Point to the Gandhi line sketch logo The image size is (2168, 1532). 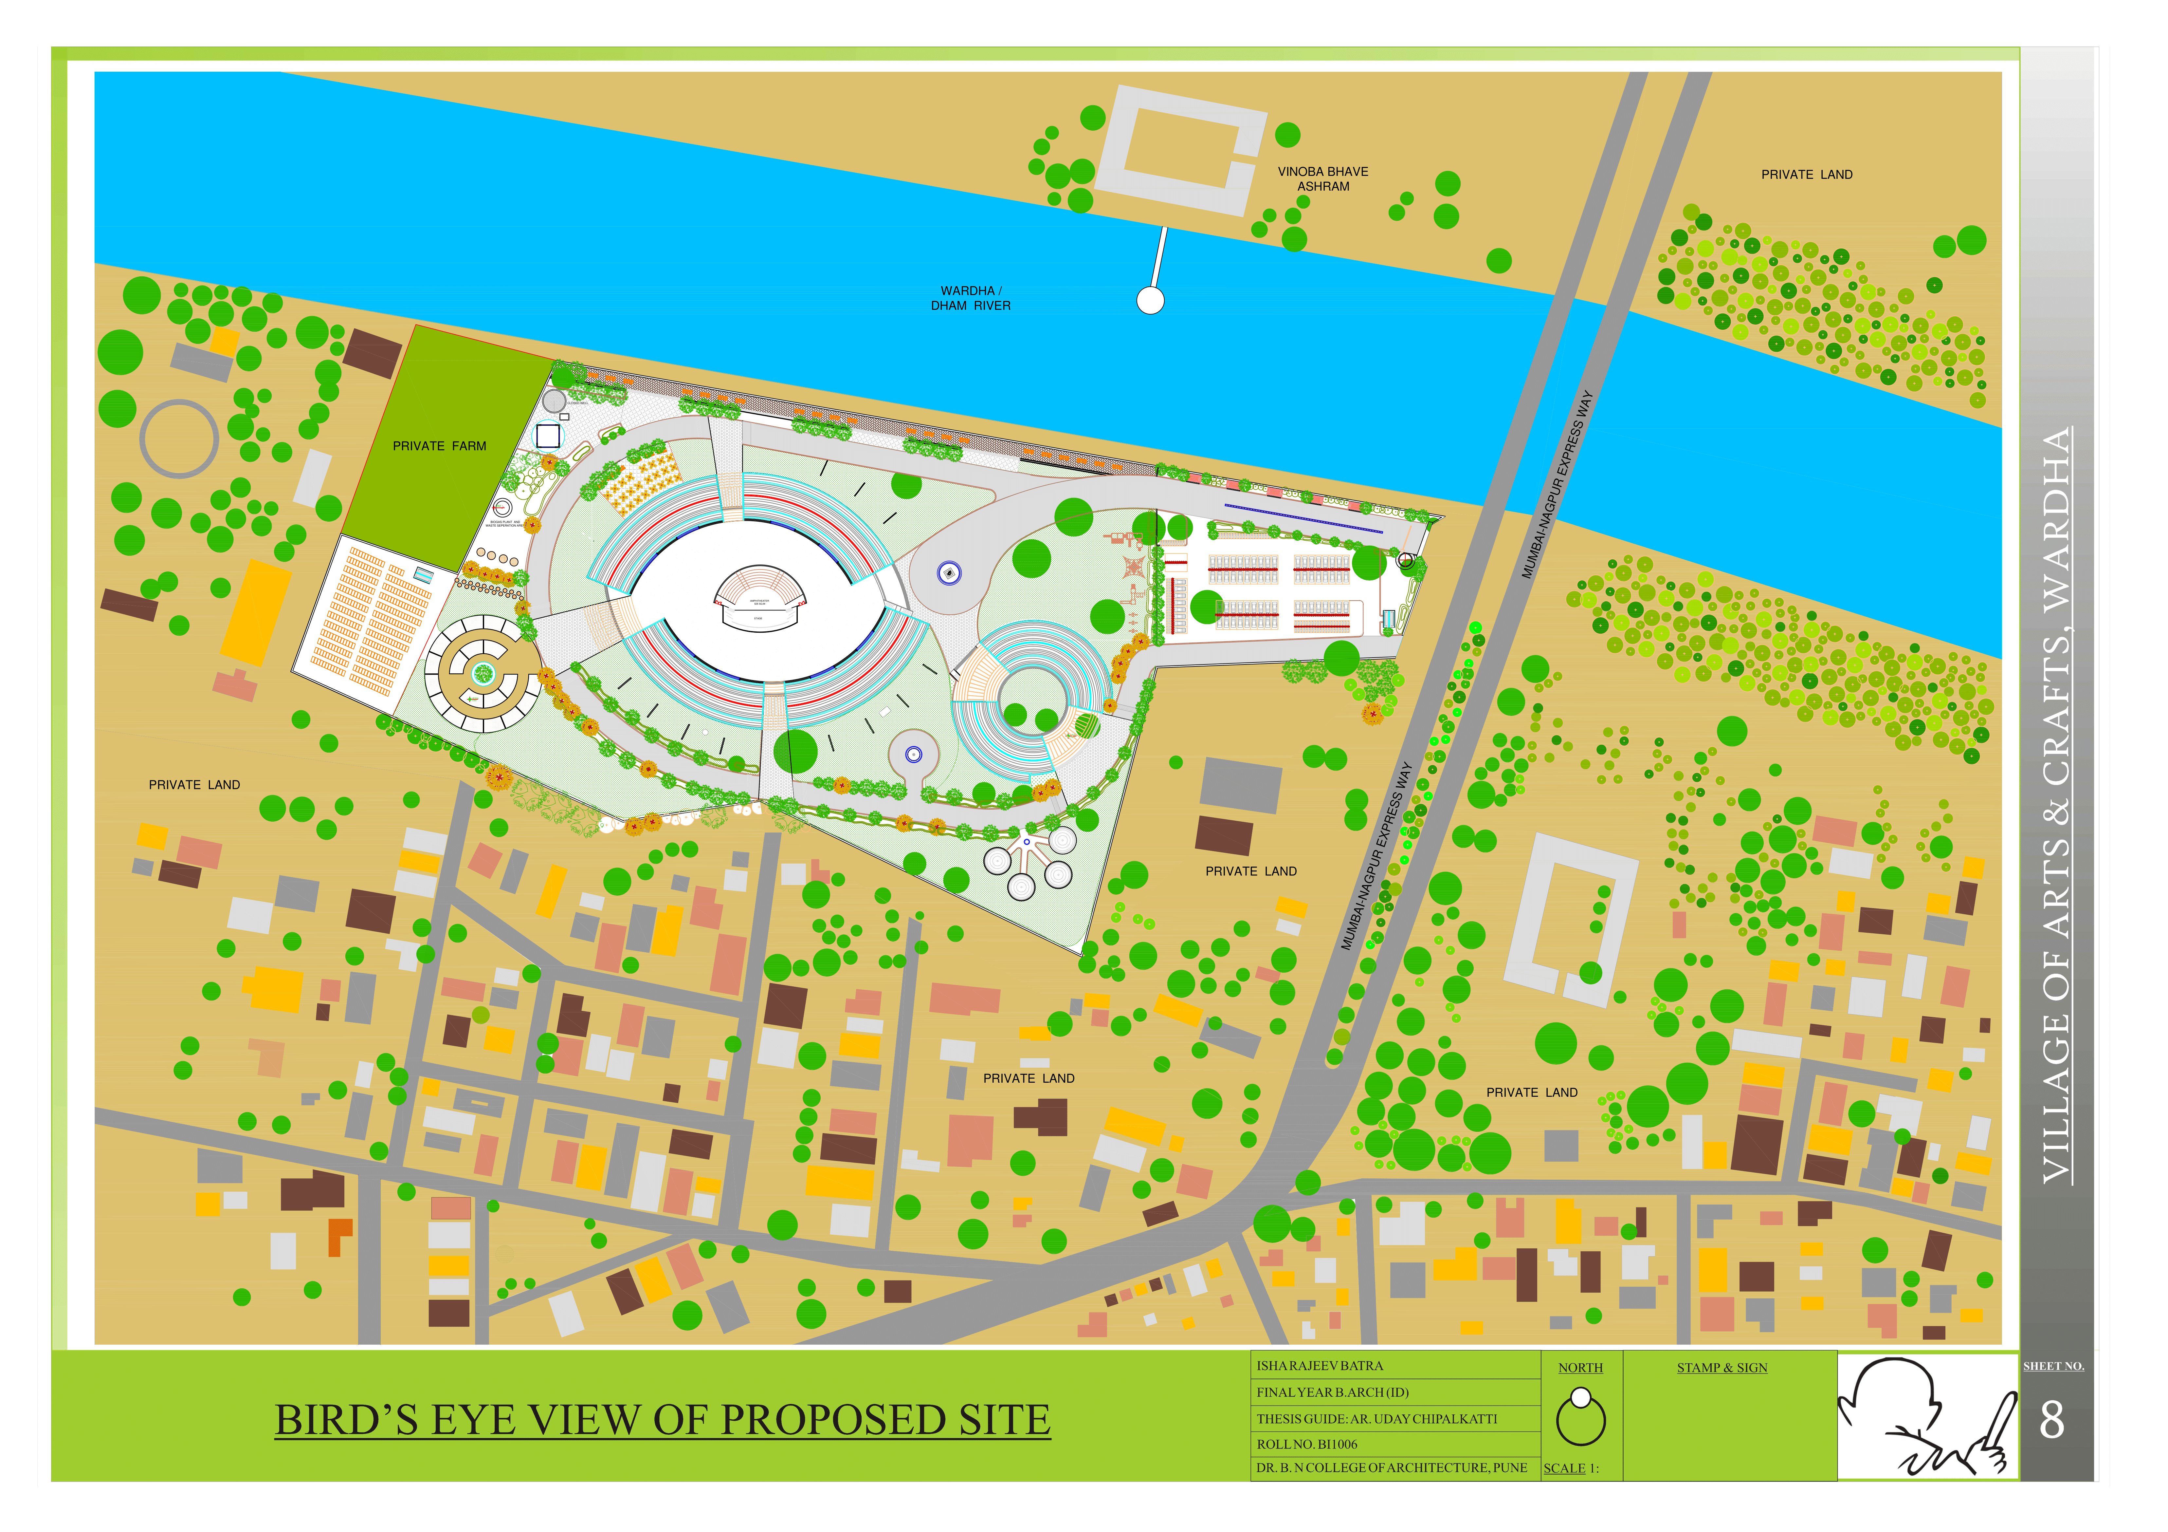point(1926,1417)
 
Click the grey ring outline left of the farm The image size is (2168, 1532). point(179,439)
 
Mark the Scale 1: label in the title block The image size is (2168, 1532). point(1570,1469)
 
